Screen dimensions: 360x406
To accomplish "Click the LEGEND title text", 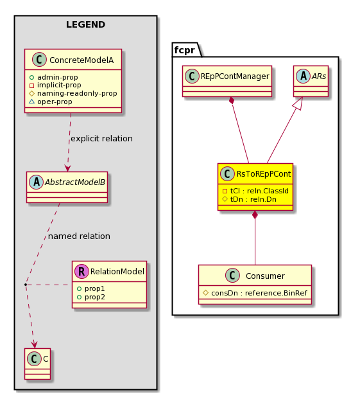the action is click(85, 24).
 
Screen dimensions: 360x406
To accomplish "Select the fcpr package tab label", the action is click(184, 49).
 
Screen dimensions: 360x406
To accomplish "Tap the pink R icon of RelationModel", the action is click(81, 271).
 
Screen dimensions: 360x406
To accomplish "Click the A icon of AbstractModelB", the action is click(36, 182).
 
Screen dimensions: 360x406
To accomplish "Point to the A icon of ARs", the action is click(303, 76).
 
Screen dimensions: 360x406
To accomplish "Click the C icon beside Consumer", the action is click(232, 275).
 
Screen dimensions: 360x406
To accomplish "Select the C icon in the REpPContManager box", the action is click(192, 76).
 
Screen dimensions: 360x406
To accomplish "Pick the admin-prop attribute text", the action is click(57, 77).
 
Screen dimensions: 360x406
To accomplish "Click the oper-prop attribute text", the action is click(55, 101).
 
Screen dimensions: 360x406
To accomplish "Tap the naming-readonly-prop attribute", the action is click(77, 93).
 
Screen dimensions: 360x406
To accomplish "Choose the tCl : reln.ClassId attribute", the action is click(259, 191).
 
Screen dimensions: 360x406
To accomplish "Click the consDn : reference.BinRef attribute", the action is click(259, 293).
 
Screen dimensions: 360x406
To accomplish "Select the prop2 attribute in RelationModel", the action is click(95, 297).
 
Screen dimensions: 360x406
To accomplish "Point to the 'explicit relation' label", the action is click(101, 139).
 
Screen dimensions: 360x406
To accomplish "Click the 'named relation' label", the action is click(79, 236).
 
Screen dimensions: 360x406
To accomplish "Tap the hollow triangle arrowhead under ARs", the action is click(298, 103).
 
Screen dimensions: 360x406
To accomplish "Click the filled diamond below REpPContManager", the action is click(232, 100).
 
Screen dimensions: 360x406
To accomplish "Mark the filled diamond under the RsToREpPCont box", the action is click(255, 215).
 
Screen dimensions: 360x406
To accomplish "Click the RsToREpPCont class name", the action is click(264, 174).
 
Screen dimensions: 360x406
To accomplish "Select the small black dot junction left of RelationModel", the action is click(26, 285).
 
